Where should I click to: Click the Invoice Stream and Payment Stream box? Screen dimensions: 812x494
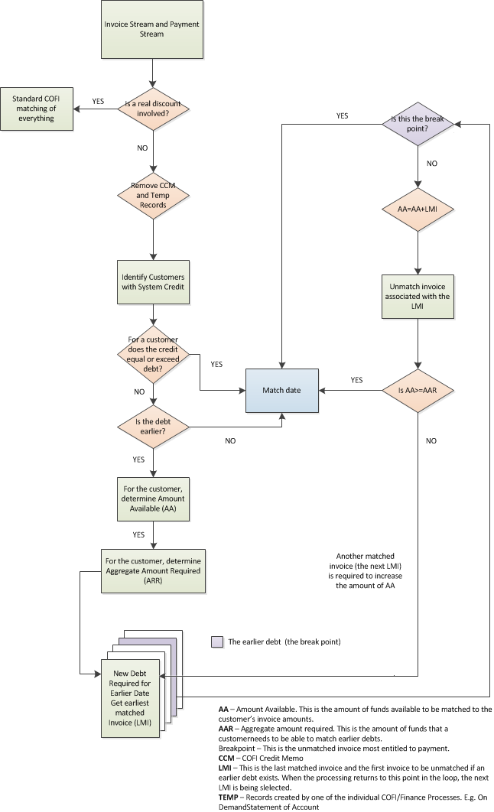click(x=154, y=30)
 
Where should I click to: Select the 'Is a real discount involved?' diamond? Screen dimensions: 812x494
click(x=154, y=109)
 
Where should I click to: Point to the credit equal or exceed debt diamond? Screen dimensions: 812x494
click(x=154, y=354)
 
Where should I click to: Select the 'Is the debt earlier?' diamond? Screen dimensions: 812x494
click(x=154, y=424)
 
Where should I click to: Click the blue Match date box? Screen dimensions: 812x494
click(x=281, y=390)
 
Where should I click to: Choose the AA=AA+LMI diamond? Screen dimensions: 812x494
click(x=418, y=209)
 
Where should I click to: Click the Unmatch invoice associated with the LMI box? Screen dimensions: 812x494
click(x=418, y=297)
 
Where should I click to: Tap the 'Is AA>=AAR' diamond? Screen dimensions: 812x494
click(x=418, y=390)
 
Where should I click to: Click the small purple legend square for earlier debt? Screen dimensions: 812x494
click(x=217, y=641)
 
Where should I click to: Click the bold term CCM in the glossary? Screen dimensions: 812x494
click(x=227, y=758)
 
